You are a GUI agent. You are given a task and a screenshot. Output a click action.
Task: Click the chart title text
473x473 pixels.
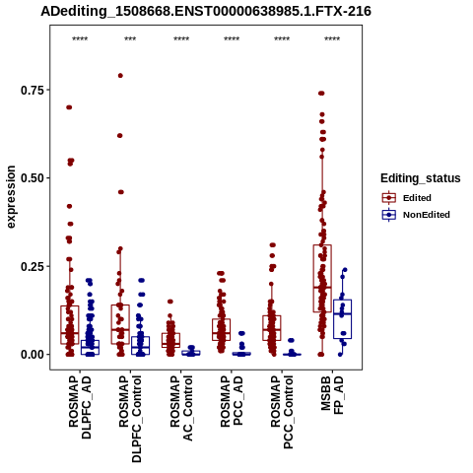(x=206, y=12)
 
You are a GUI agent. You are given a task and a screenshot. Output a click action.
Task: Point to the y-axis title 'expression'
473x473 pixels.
(x=11, y=197)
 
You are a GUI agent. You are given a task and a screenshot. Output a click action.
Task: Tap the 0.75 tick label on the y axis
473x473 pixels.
(x=33, y=90)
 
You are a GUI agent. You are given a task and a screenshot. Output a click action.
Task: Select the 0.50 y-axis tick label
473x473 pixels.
(x=33, y=178)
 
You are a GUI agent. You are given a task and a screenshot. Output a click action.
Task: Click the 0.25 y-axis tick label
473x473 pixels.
(x=33, y=266)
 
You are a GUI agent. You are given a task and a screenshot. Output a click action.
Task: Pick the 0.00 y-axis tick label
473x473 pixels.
(x=33, y=355)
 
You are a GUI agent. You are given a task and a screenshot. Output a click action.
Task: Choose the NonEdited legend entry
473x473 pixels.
(x=416, y=215)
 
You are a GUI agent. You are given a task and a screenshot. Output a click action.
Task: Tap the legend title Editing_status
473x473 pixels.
(x=421, y=178)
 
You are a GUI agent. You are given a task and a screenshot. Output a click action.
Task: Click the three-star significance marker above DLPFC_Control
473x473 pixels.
(x=130, y=39)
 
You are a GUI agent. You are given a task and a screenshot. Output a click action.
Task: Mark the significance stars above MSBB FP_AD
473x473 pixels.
(x=332, y=39)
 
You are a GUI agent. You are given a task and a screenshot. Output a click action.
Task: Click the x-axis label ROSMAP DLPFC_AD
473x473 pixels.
(x=80, y=407)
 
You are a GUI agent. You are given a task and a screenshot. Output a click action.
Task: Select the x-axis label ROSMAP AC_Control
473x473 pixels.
(x=181, y=408)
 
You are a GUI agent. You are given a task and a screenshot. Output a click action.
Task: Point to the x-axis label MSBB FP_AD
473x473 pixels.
(x=332, y=395)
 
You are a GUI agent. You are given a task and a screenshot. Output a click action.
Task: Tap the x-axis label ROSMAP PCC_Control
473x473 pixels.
(x=282, y=412)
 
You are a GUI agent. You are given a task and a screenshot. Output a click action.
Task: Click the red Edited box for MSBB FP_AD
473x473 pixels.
(x=322, y=279)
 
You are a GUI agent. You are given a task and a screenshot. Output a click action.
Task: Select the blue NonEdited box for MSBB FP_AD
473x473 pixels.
(x=343, y=319)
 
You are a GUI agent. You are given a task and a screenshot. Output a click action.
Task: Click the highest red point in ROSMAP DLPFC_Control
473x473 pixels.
(x=120, y=76)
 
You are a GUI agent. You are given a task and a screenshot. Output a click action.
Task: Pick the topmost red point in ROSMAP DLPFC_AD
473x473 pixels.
(x=69, y=107)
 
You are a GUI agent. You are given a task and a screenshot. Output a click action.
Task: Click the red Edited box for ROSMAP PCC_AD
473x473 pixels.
(x=221, y=329)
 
